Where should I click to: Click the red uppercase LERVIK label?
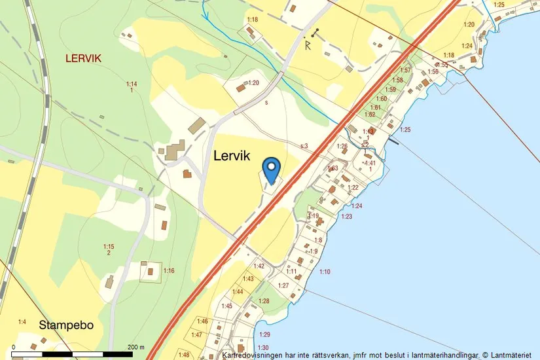click(x=83, y=58)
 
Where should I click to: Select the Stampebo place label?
click(x=66, y=325)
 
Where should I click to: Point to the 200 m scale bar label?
click(x=135, y=346)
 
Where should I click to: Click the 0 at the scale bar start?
click(x=13, y=346)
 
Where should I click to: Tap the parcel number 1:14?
click(x=132, y=84)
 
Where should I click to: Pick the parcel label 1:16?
click(x=169, y=270)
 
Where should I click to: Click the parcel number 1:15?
click(x=109, y=246)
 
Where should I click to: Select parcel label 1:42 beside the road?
click(x=259, y=266)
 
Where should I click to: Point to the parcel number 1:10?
click(x=325, y=271)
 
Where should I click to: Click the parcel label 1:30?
click(x=263, y=347)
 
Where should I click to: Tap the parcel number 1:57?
click(x=405, y=70)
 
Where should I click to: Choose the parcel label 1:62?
click(x=370, y=115)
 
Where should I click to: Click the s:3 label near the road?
click(x=304, y=146)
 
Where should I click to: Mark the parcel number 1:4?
click(x=22, y=321)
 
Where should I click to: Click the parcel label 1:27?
click(x=283, y=285)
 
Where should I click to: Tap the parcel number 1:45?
click(x=226, y=306)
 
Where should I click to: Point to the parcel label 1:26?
click(x=342, y=146)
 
